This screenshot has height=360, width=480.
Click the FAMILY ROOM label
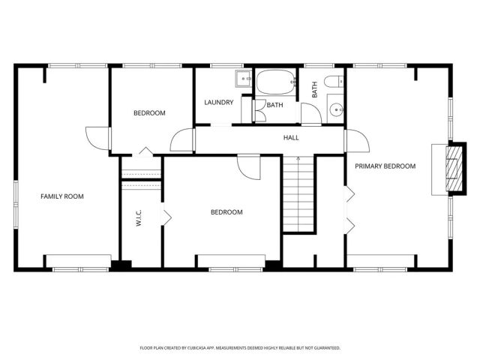tap(61, 196)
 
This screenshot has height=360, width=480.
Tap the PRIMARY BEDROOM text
tap(385, 166)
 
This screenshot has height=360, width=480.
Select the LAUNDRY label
tap(219, 103)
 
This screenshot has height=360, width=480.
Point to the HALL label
tap(291, 138)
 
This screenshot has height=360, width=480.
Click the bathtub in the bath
tap(275, 83)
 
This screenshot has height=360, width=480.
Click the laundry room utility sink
tap(244, 78)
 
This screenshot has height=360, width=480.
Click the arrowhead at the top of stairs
tap(298, 158)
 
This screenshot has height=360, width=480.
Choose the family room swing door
tap(98, 138)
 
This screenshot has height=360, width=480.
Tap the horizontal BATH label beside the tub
tap(274, 105)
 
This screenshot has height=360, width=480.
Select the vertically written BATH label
tap(315, 89)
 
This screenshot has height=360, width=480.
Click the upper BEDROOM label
tap(149, 113)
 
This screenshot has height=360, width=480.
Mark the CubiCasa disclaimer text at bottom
tap(240, 348)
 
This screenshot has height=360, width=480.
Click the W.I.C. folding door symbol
tap(167, 217)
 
